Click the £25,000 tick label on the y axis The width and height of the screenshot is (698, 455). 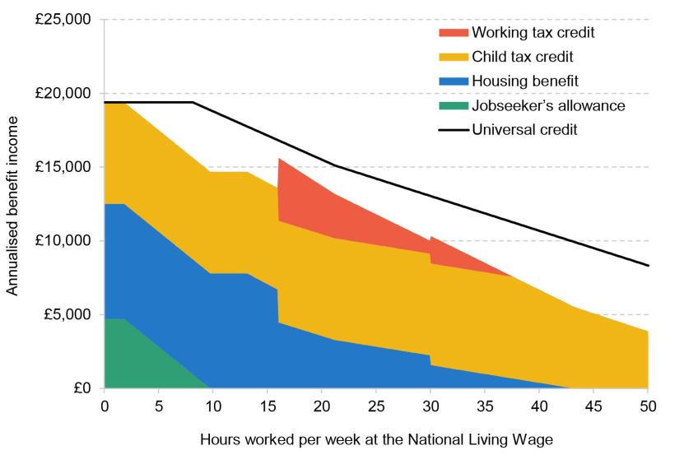[x=63, y=20]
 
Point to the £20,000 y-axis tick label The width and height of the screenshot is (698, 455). [x=63, y=94]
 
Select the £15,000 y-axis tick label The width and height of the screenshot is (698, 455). [x=63, y=167]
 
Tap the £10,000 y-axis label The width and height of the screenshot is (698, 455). [x=63, y=241]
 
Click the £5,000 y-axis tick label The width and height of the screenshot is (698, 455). [x=67, y=314]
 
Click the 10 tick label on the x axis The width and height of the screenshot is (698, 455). [x=213, y=406]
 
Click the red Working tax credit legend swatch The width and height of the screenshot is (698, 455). [x=453, y=33]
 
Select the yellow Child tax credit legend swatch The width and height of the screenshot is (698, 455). [x=453, y=58]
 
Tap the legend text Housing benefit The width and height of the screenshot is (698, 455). [x=525, y=81]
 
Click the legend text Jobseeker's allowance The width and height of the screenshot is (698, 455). [x=548, y=106]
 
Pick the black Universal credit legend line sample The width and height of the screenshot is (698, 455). [x=453, y=130]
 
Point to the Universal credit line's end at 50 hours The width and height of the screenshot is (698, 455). [x=649, y=266]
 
